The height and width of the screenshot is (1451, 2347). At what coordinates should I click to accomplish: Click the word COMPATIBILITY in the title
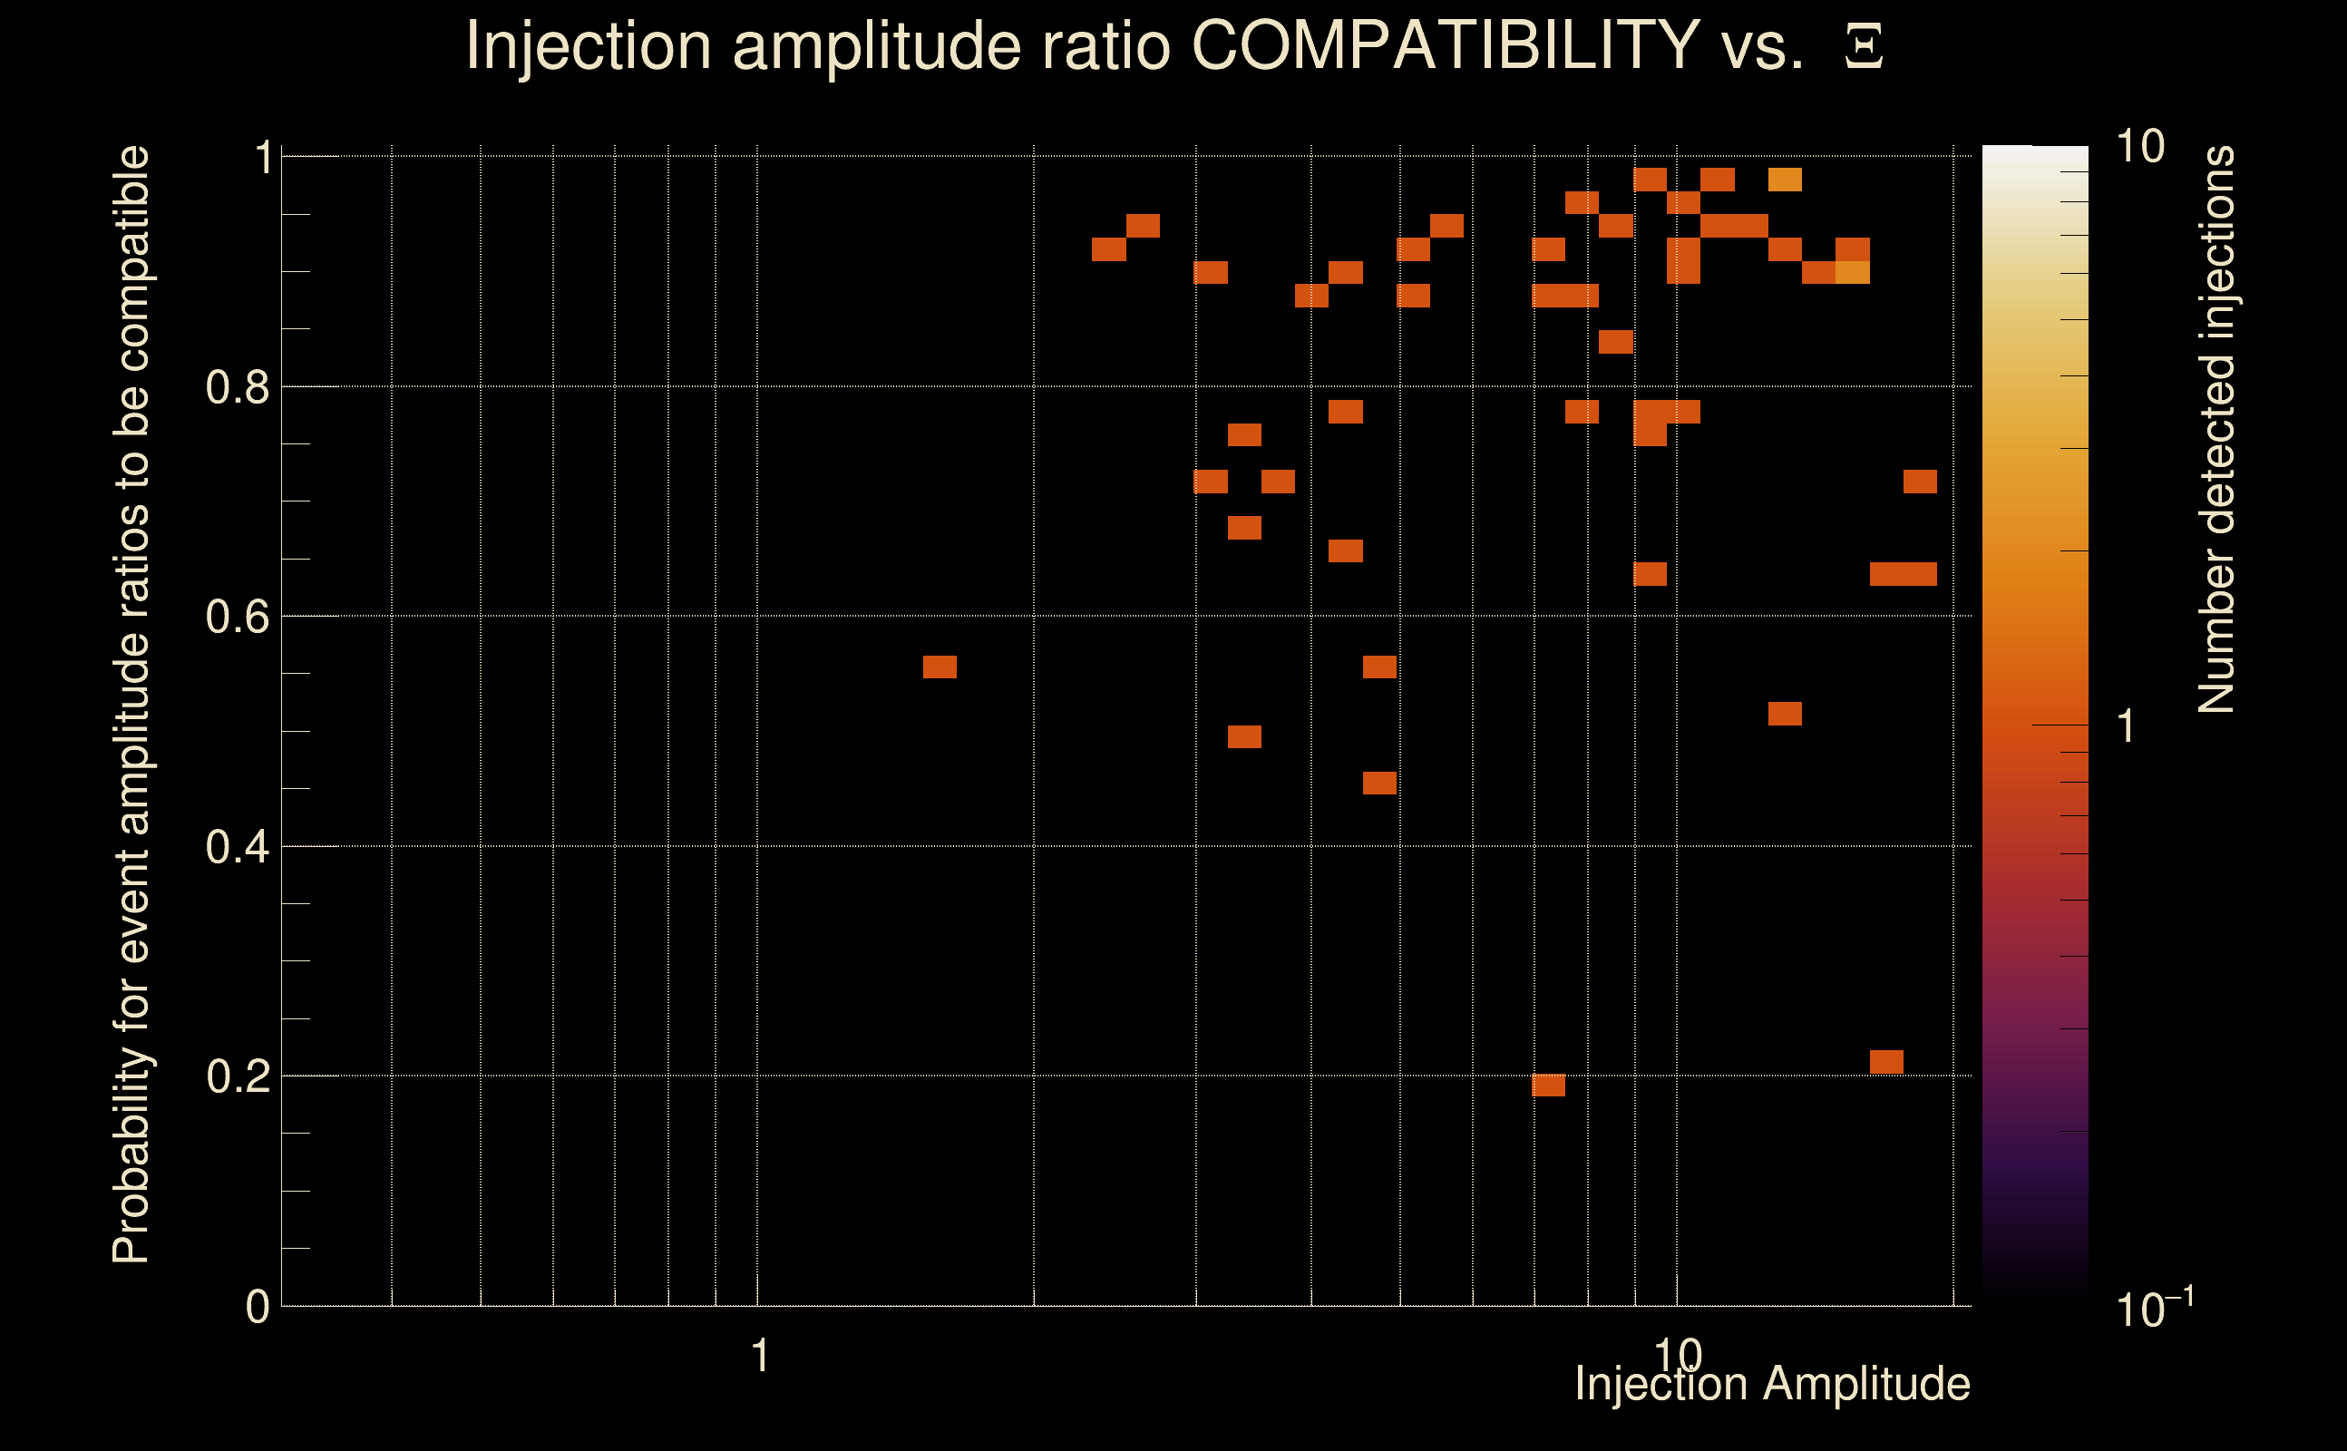[1445, 45]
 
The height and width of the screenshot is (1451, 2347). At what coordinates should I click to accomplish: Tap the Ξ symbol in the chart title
[1863, 47]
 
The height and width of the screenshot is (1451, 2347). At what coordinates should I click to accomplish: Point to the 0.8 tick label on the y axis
[237, 388]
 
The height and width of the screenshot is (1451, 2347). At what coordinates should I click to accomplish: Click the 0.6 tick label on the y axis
[237, 617]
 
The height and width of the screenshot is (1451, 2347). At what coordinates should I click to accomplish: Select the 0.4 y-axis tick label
[237, 847]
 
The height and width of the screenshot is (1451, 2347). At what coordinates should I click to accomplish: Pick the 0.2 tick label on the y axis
[237, 1076]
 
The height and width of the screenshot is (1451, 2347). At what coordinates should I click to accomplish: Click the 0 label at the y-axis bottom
[258, 1307]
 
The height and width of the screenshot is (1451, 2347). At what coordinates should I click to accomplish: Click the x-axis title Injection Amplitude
[1772, 1384]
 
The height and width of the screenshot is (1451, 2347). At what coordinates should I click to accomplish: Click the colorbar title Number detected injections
[2216, 429]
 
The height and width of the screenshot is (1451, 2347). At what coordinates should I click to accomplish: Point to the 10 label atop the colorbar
[2138, 148]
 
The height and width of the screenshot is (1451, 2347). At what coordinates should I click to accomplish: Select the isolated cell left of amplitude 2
[940, 667]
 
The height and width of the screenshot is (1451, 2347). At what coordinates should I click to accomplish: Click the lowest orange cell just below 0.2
[1549, 1086]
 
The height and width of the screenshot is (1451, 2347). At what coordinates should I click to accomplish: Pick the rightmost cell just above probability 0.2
[1886, 1062]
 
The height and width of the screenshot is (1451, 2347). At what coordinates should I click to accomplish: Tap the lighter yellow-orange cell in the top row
[1785, 180]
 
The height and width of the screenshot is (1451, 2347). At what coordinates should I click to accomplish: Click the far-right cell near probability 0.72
[1920, 482]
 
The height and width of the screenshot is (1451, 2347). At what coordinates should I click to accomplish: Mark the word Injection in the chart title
[589, 45]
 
